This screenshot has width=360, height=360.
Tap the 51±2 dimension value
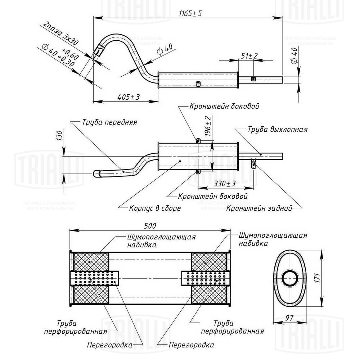pyautogui.click(x=249, y=56)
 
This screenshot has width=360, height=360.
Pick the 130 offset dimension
pyautogui.click(x=60, y=136)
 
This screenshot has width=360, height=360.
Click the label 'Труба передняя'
pyautogui.click(x=109, y=122)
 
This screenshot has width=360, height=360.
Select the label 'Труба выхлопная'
pyautogui.click(x=277, y=129)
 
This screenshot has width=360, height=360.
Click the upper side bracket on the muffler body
pyautogui.click(x=198, y=140)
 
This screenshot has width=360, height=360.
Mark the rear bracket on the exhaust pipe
pyautogui.click(x=254, y=164)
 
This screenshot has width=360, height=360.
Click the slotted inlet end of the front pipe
pyautogui.click(x=98, y=51)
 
